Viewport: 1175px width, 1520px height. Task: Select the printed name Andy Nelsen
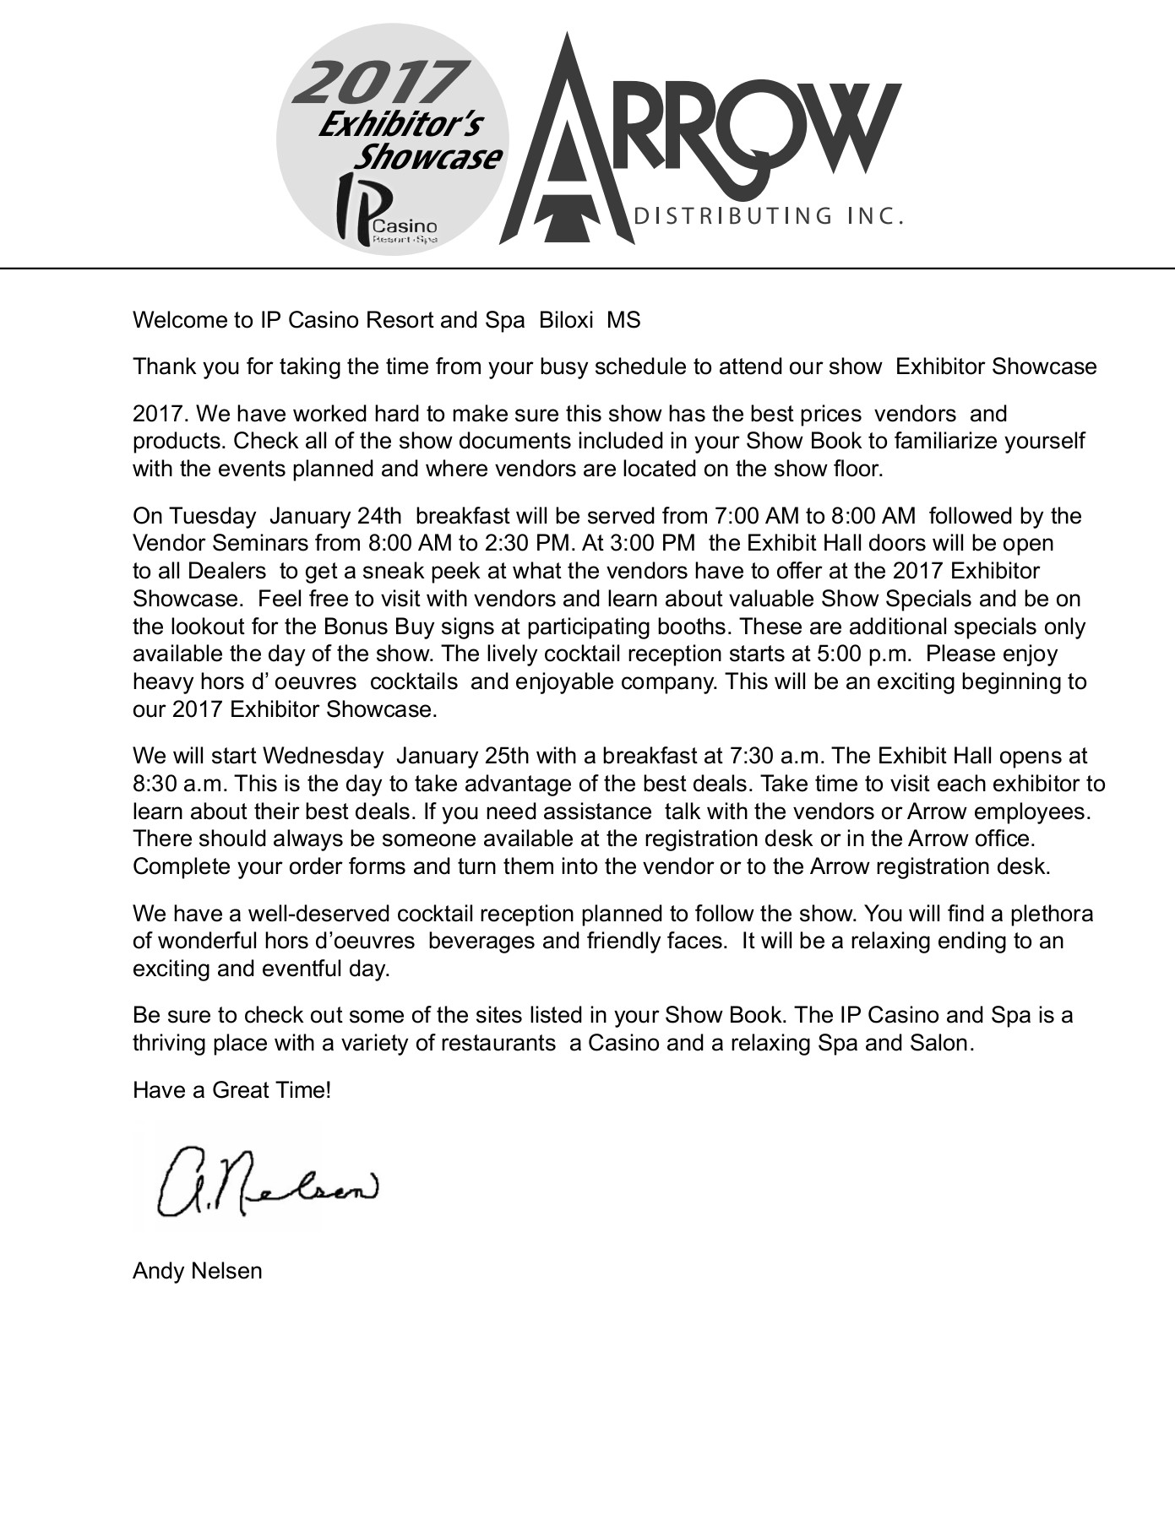click(x=197, y=1271)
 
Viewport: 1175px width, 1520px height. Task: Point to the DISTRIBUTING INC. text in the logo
click(x=768, y=216)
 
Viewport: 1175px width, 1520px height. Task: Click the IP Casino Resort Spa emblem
click(x=385, y=211)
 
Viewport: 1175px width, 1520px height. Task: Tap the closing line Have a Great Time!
click(x=231, y=1090)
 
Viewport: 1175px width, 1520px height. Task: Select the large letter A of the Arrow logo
click(x=567, y=152)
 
